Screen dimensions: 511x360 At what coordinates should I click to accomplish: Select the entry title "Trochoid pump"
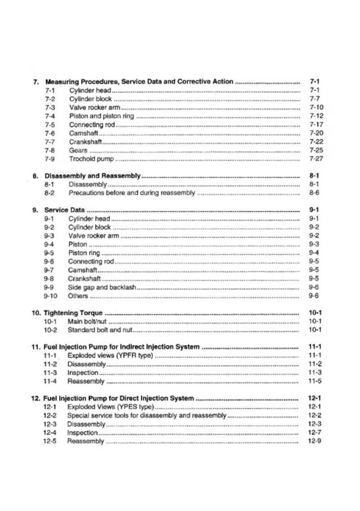click(x=91, y=159)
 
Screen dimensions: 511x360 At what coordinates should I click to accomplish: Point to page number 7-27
click(x=316, y=159)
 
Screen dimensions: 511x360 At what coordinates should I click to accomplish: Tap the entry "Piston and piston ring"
click(x=101, y=116)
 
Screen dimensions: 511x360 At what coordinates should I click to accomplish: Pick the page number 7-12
click(x=316, y=116)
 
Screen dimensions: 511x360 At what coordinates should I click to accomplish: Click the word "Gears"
click(x=78, y=151)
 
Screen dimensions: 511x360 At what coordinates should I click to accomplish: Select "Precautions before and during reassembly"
click(x=131, y=193)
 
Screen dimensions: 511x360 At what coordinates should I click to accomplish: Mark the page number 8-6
click(x=314, y=193)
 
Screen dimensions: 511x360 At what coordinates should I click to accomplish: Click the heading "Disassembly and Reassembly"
click(x=92, y=176)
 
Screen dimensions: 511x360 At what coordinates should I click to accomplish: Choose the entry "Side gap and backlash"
click(x=102, y=287)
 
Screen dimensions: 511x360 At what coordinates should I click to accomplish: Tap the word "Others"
click(x=78, y=296)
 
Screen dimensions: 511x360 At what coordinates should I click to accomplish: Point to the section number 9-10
click(x=50, y=296)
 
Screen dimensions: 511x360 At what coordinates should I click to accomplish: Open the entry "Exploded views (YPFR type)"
click(x=110, y=355)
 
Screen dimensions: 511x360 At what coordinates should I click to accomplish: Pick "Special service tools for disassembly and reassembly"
click(x=147, y=416)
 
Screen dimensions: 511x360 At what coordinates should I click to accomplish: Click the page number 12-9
click(x=315, y=441)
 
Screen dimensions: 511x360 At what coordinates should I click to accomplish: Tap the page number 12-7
click(x=315, y=433)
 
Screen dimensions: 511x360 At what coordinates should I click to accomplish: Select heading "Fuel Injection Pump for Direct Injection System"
click(x=119, y=398)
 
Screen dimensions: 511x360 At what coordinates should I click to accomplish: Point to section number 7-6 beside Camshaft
click(x=50, y=133)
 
